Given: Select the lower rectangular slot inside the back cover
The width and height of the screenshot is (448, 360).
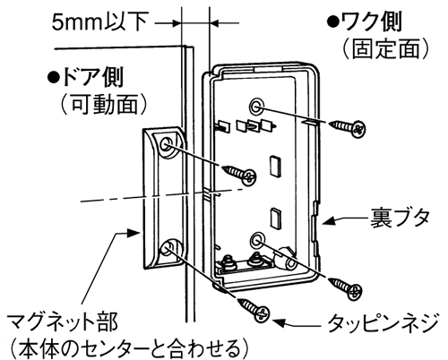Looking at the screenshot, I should point(276,217).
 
